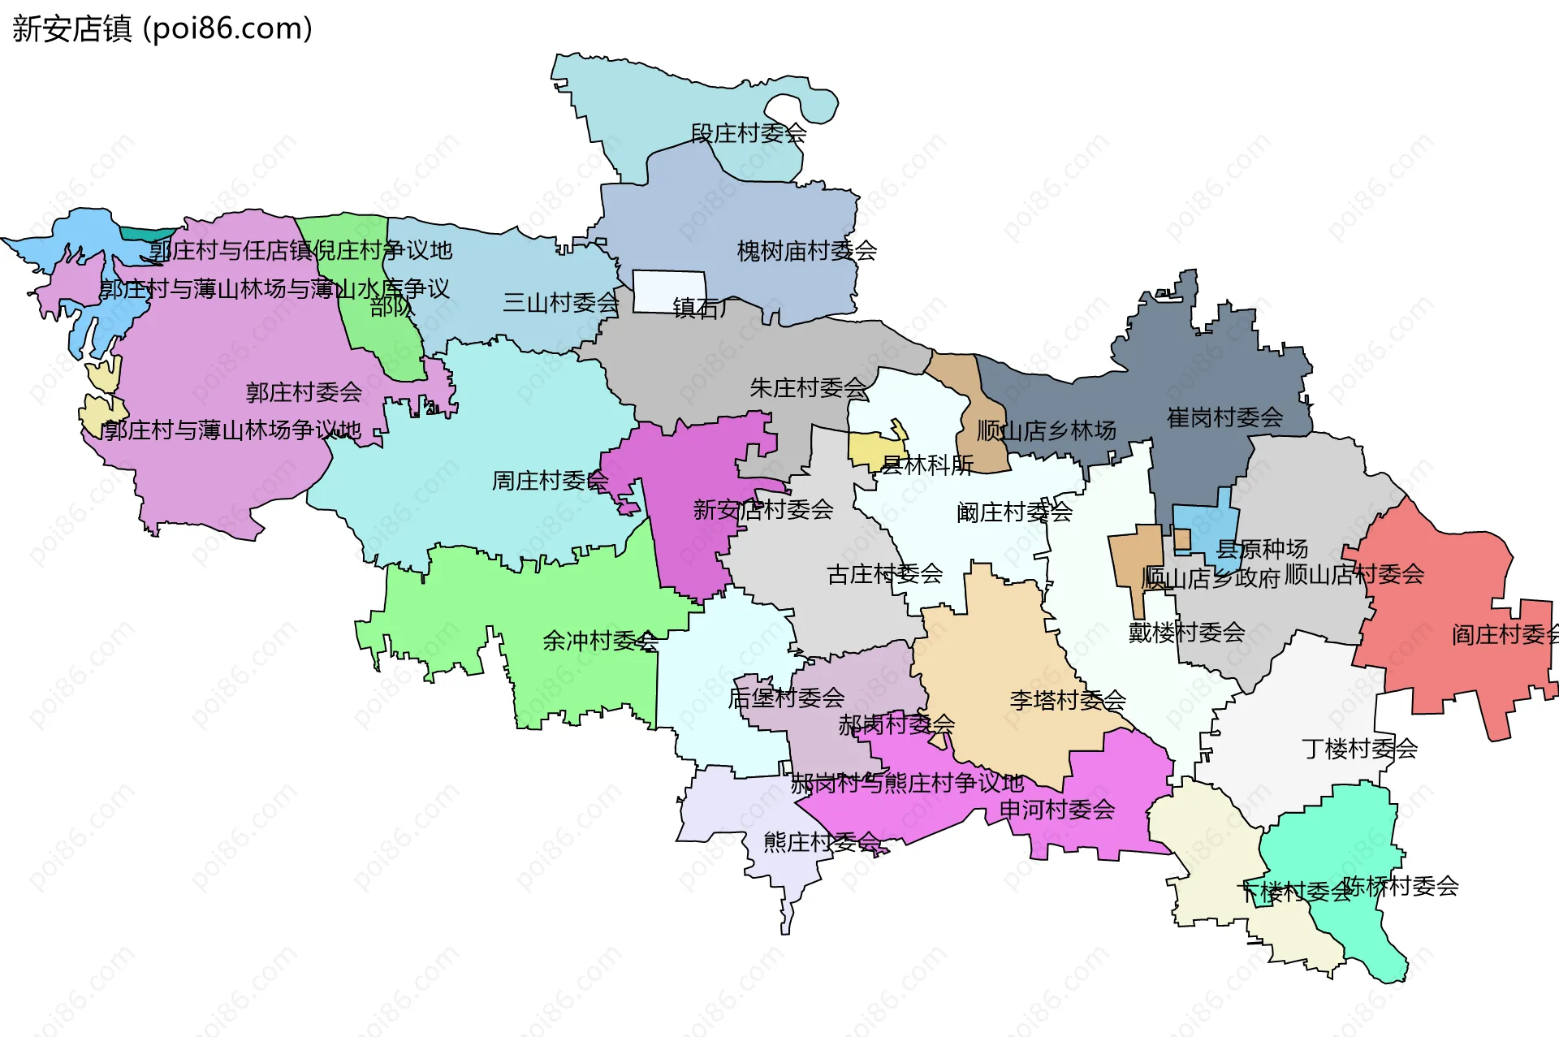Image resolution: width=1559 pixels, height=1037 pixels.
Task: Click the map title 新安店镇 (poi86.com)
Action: click(162, 28)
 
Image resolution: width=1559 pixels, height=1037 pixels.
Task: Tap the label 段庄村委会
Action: click(748, 133)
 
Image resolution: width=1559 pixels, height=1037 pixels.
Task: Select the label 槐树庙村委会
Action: click(806, 251)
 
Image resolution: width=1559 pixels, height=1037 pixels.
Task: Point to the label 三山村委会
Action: click(560, 303)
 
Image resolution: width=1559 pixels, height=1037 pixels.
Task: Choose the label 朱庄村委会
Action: click(808, 388)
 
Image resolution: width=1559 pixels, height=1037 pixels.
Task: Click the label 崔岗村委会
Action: click(1224, 417)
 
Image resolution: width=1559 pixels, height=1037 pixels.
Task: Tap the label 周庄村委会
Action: click(550, 481)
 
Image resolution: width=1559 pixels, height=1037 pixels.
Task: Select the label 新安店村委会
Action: click(762, 510)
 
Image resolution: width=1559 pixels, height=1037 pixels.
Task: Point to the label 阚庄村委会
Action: click(1014, 512)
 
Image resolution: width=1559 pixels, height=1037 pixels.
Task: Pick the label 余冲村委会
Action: click(600, 641)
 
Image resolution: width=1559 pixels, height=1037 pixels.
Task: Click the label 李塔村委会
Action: click(1067, 700)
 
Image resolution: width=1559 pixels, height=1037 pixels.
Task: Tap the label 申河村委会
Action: click(1056, 810)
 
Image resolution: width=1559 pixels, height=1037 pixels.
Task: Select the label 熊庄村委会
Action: click(821, 842)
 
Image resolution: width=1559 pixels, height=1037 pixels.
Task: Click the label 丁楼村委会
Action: click(1359, 748)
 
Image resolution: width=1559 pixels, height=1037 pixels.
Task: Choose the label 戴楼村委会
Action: click(1186, 632)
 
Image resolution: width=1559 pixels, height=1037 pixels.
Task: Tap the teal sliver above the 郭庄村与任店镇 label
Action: click(146, 234)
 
